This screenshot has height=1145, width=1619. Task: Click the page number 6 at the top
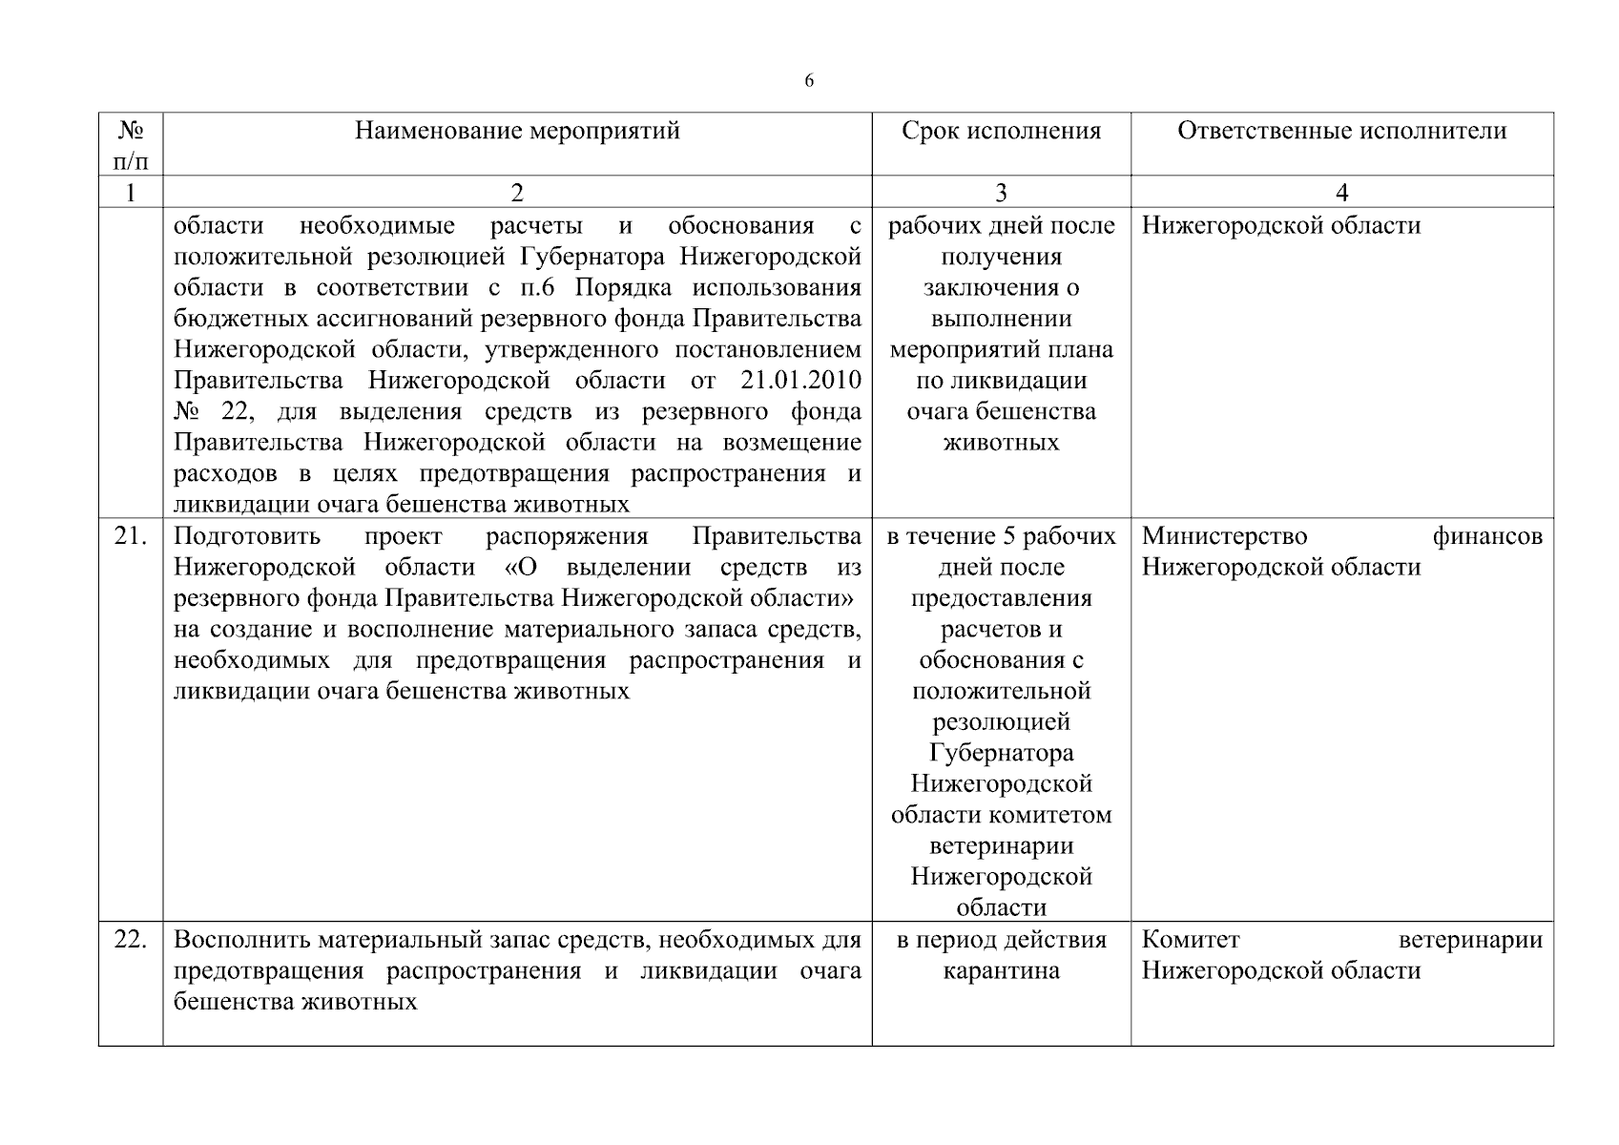(809, 81)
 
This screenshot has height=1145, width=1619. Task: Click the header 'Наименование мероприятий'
(517, 131)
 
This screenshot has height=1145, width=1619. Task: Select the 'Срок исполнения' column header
(1001, 131)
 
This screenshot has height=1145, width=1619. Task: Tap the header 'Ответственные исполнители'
(1341, 131)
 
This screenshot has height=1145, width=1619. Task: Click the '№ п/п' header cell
(131, 144)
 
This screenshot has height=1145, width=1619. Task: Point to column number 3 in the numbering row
(1001, 193)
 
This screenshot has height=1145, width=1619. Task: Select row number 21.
(131, 536)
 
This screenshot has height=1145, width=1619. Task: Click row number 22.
(131, 940)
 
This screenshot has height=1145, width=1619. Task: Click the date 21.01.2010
(800, 381)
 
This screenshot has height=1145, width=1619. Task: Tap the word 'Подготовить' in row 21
(247, 536)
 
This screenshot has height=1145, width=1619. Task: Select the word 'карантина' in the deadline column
(1001, 971)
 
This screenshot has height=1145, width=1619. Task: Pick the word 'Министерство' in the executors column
(1224, 536)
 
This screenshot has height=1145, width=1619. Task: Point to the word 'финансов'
(1487, 536)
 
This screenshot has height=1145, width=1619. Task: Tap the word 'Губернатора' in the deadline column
(1001, 753)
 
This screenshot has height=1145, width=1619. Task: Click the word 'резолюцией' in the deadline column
(1001, 722)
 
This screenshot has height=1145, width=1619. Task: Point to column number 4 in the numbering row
(1341, 193)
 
